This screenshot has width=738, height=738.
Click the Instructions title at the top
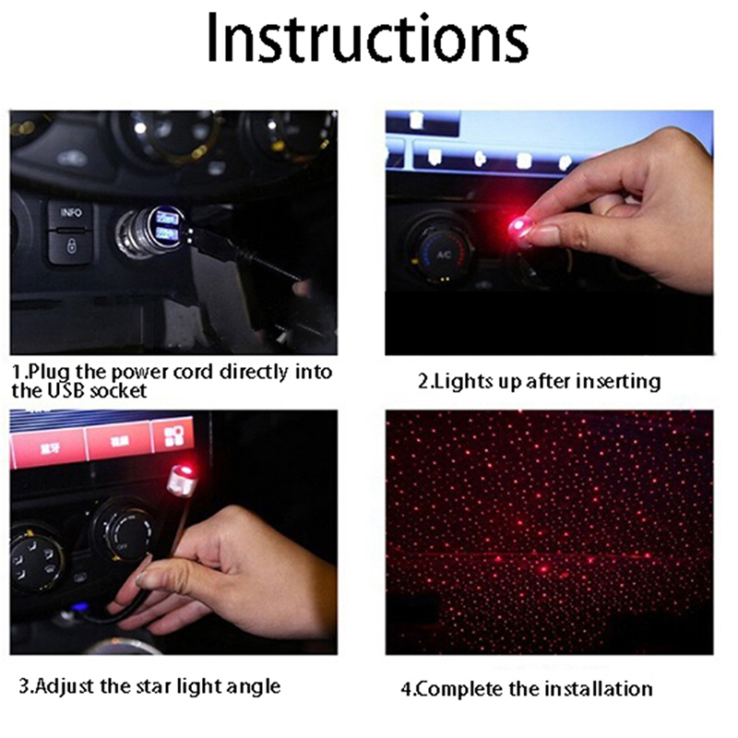point(367,38)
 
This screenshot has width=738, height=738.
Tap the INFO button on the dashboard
point(70,214)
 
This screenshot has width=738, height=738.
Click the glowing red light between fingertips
point(519,228)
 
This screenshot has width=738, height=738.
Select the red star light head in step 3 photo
point(183,480)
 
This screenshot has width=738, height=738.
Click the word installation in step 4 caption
point(599,689)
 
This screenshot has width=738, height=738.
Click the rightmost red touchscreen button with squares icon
point(173,435)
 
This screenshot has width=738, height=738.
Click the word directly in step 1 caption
point(255,373)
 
